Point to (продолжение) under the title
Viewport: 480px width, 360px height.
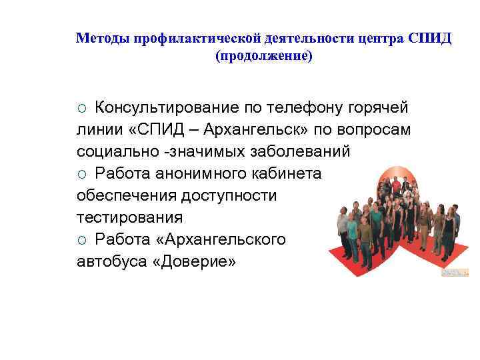[x=263, y=56]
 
